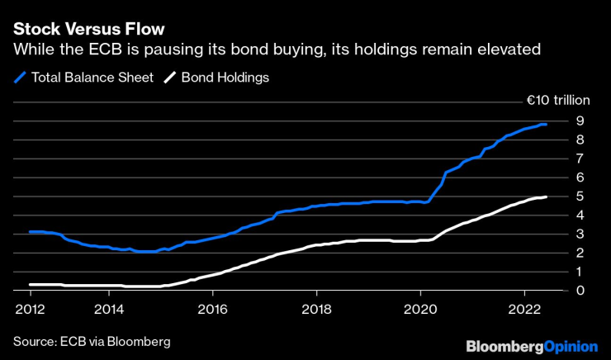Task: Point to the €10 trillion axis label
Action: (559, 101)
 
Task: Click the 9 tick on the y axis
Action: (580, 120)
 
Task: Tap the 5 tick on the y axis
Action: (580, 196)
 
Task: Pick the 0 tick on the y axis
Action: (580, 291)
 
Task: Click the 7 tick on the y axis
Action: (580, 158)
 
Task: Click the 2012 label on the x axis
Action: (30, 310)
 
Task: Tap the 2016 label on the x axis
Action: (213, 310)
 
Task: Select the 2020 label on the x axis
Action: (420, 310)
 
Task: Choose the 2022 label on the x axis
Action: (524, 310)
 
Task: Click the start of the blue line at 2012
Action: (31, 232)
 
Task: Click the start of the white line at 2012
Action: (31, 284)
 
